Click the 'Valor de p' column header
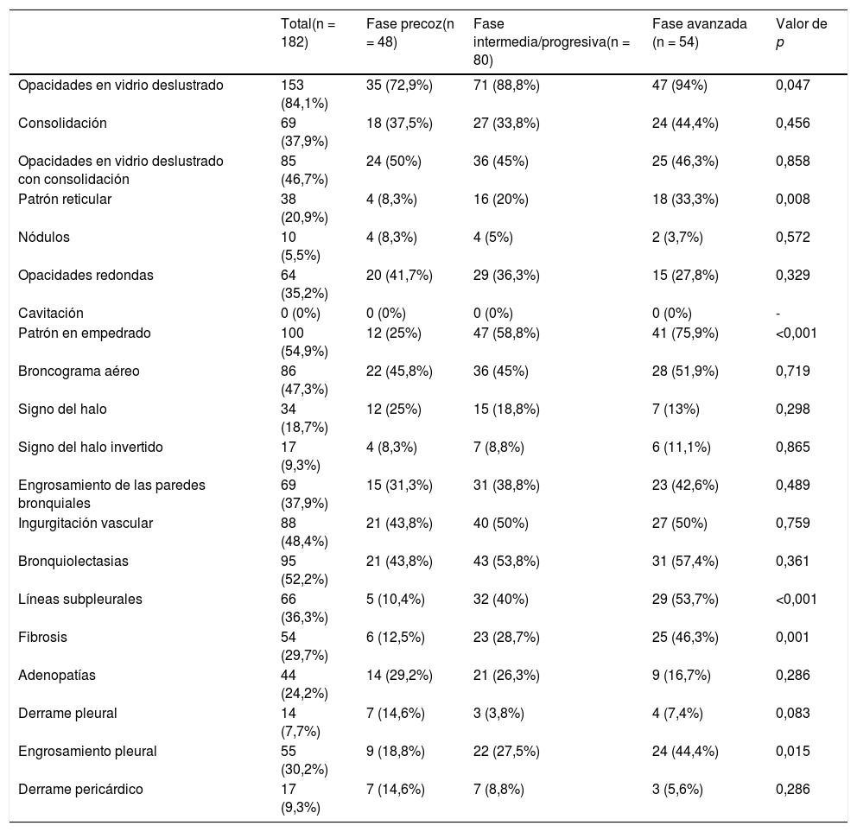point(801,32)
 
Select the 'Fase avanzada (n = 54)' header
point(699,32)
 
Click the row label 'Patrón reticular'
point(65,199)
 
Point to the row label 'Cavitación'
point(51,313)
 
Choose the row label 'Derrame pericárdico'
point(81,789)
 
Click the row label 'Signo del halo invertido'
point(91,447)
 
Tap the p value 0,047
point(793,85)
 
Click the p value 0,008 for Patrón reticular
point(793,199)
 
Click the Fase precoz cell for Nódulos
point(393,237)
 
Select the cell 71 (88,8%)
point(506,85)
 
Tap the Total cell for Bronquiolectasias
point(300,568)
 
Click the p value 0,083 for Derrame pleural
point(793,713)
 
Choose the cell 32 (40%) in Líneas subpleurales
point(501,599)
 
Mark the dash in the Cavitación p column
point(778,313)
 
